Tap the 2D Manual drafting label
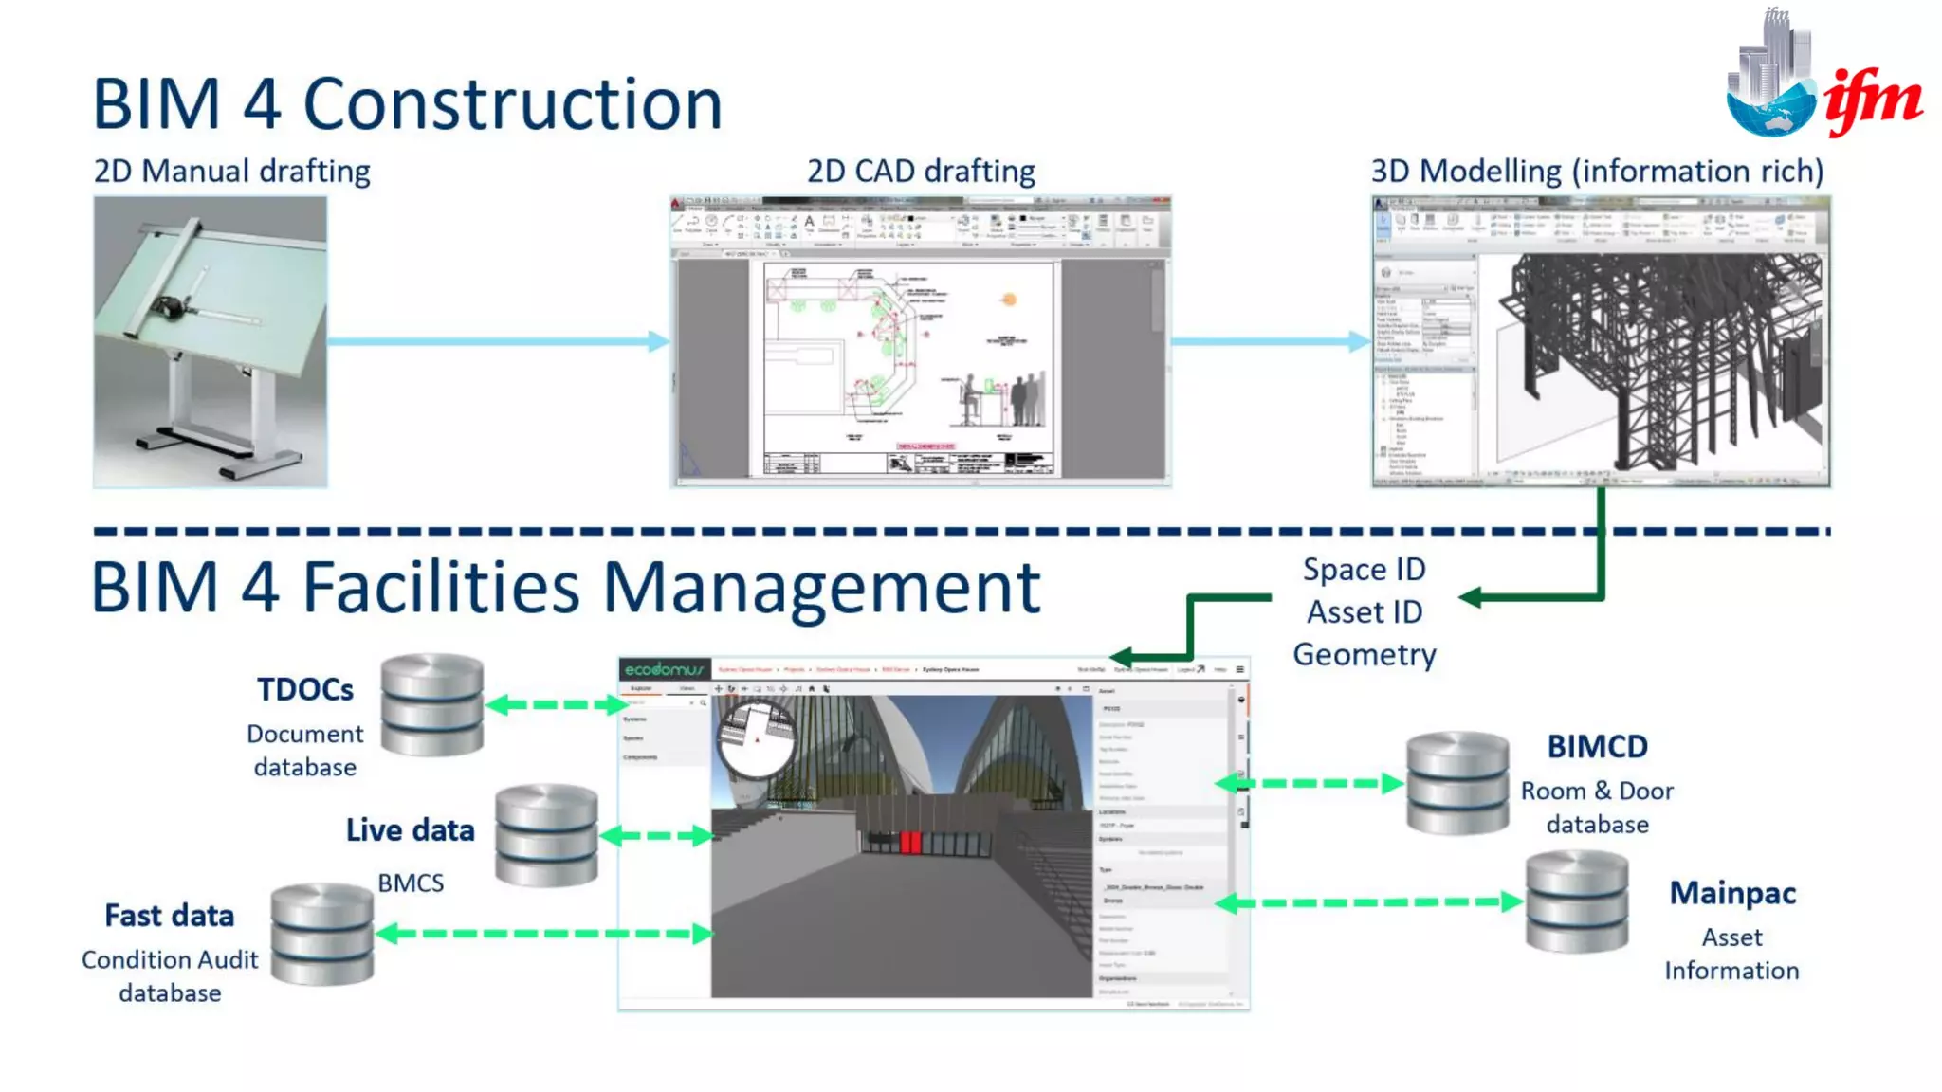coord(231,172)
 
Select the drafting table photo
coord(211,341)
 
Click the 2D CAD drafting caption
coord(921,172)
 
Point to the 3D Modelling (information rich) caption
coord(1597,172)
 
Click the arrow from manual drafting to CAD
coord(498,341)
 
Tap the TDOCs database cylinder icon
coord(432,704)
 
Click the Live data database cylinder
coord(546,835)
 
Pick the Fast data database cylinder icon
coord(322,934)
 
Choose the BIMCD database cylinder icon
coord(1457,783)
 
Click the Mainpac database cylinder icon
coord(1577,901)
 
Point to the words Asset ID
coord(1365,612)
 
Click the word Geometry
coord(1365,655)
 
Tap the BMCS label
coord(411,883)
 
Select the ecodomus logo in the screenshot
coord(664,669)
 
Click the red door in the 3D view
coord(910,842)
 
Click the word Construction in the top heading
coord(512,104)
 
